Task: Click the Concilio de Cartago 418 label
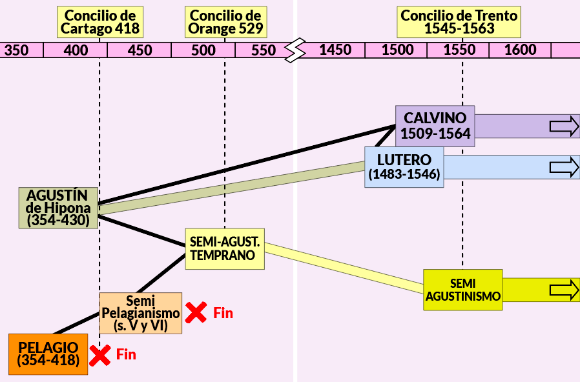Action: (x=100, y=22)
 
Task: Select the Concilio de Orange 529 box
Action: (x=225, y=22)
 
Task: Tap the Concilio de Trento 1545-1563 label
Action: (x=459, y=22)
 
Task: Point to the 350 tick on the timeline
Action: (x=16, y=50)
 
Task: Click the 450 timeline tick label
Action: (x=140, y=50)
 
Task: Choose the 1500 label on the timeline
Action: (x=397, y=50)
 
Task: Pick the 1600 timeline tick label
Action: (x=521, y=50)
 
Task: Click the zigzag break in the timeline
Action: (x=295, y=50)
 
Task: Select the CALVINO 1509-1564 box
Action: (x=435, y=126)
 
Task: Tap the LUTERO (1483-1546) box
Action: (x=404, y=167)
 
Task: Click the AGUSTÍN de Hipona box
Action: (x=58, y=208)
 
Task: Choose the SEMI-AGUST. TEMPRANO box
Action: (x=225, y=248)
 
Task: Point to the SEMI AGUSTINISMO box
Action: (x=462, y=290)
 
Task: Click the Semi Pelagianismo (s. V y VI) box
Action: (x=141, y=314)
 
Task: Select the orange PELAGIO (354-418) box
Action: (x=48, y=354)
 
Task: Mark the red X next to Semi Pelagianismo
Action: (x=196, y=312)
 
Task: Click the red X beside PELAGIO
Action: (x=100, y=356)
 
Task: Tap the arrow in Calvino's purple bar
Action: (x=564, y=126)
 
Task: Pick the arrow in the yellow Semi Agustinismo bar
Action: (x=564, y=290)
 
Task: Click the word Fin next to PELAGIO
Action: (x=126, y=354)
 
